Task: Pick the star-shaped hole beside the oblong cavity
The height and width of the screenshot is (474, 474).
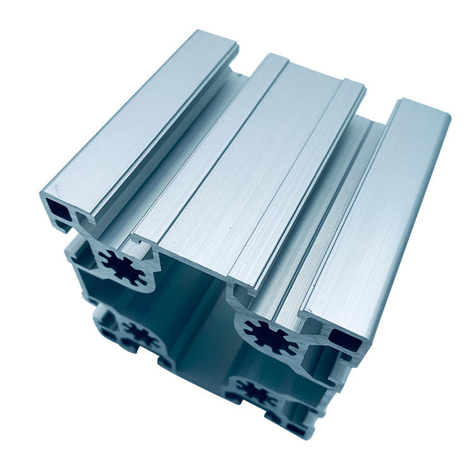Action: click(x=272, y=333)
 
